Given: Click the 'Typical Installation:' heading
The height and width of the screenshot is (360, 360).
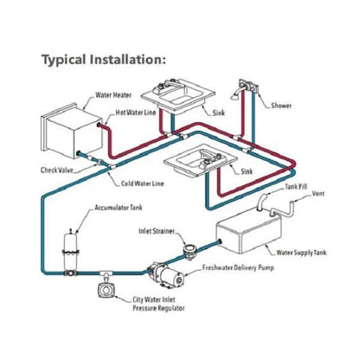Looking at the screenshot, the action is (x=104, y=60).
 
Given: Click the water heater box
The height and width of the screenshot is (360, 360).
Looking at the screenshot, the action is (x=72, y=130).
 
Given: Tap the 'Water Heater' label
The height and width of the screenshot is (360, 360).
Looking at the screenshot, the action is (x=113, y=95).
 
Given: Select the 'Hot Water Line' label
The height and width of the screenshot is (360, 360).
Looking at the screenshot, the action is (x=136, y=112).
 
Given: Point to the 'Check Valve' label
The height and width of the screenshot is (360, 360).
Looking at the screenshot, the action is (x=57, y=170).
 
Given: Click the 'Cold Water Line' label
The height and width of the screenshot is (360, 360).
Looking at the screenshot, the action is (x=142, y=183).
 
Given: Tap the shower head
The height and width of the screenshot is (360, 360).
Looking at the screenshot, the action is (x=235, y=95).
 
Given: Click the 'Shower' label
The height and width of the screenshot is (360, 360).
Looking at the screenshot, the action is (x=281, y=106).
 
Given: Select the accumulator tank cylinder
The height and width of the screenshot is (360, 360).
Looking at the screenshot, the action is (x=70, y=251).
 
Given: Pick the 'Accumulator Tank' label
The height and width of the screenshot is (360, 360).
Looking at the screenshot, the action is (x=119, y=208).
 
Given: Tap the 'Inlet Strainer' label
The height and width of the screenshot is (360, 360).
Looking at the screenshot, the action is (x=157, y=231).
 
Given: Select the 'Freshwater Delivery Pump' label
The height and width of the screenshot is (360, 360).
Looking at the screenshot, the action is (x=238, y=267).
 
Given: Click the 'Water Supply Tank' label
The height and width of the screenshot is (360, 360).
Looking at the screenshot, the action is (x=301, y=253).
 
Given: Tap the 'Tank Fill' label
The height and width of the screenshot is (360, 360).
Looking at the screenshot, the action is (x=296, y=187).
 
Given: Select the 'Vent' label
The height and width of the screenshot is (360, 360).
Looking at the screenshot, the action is (x=318, y=193).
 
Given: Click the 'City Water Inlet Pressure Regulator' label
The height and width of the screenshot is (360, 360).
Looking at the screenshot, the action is (x=158, y=304).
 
